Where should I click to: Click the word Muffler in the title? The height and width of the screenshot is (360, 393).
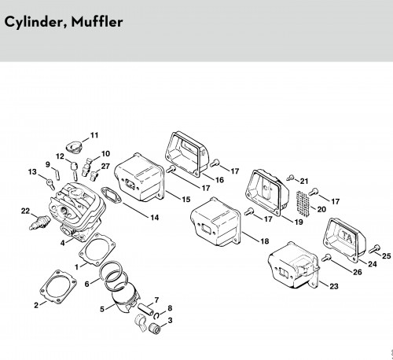(x=97, y=21)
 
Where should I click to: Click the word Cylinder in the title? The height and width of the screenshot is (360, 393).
(x=35, y=22)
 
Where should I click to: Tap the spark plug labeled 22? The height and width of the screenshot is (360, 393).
(x=39, y=222)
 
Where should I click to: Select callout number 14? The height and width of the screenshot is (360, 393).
(x=155, y=218)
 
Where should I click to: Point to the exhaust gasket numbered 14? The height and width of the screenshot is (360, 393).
(x=112, y=195)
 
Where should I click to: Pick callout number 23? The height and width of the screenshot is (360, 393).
(x=333, y=286)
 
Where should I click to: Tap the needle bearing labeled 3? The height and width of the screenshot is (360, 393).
(x=155, y=329)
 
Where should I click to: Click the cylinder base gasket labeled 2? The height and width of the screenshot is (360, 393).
(x=58, y=287)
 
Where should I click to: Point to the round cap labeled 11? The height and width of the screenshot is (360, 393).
(x=74, y=146)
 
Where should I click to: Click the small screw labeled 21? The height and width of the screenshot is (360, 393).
(x=290, y=178)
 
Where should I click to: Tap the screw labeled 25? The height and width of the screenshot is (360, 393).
(x=374, y=248)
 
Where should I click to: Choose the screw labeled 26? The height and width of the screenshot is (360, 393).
(x=326, y=258)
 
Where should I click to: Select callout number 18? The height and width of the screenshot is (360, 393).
(x=264, y=241)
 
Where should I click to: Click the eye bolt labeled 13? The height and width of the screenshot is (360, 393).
(x=50, y=184)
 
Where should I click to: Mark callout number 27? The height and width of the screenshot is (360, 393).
(x=105, y=167)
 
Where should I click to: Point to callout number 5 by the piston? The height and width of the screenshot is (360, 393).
(x=102, y=309)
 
